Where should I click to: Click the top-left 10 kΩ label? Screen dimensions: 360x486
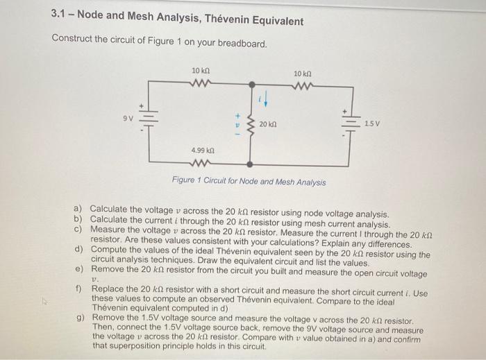pyautogui.click(x=201, y=71)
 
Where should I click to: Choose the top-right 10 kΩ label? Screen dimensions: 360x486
pyautogui.click(x=303, y=74)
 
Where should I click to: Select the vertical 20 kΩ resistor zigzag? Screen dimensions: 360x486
pyautogui.click(x=251, y=123)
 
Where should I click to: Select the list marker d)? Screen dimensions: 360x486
pyautogui.click(x=78, y=248)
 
